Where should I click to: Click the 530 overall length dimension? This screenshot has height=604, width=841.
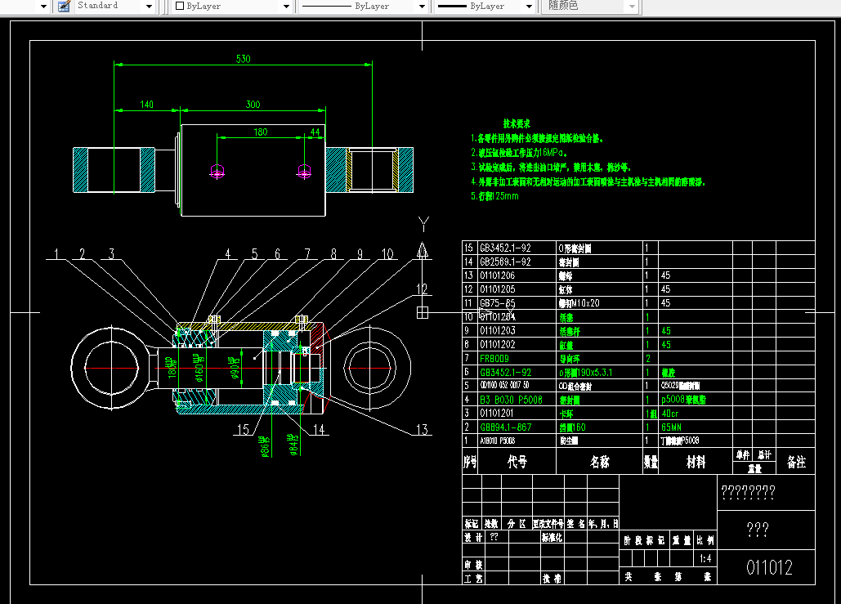coord(243,59)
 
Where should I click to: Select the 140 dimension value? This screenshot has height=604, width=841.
coord(147,104)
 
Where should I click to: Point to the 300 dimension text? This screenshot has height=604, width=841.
coord(253,104)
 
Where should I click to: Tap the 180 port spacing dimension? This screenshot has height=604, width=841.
coord(260,132)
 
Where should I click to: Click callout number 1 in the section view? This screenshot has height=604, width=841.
coord(56,254)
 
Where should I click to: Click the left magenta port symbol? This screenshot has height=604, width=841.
coord(217,172)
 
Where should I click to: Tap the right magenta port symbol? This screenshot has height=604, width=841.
coord(304,172)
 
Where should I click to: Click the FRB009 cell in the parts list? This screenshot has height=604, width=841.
coord(494,358)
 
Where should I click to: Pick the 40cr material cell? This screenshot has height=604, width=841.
coord(669,413)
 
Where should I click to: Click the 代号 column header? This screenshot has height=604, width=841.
coord(517,462)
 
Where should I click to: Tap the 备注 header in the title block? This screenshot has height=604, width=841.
coord(795,462)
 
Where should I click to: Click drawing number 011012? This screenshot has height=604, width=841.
coord(768,567)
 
